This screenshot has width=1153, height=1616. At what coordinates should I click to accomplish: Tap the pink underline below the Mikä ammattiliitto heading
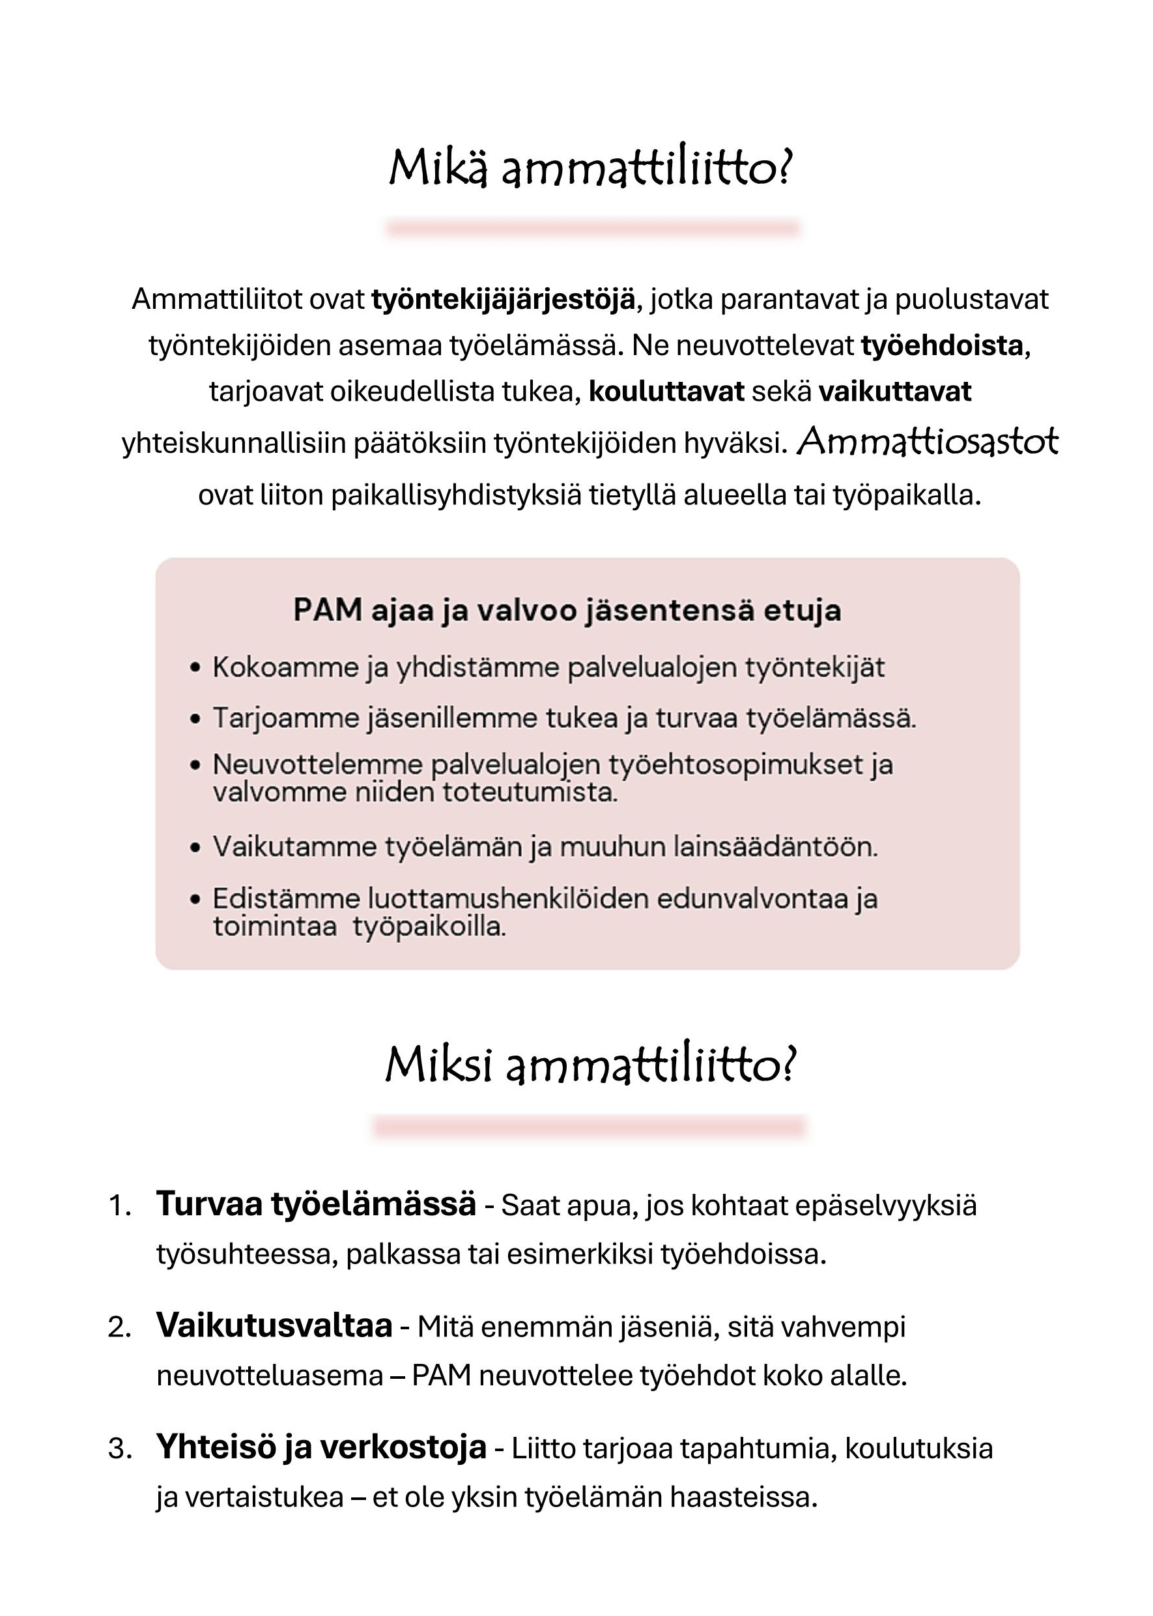[593, 229]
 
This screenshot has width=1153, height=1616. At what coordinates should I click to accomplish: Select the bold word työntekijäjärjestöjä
[504, 300]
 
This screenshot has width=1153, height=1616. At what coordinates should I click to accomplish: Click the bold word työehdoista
[941, 346]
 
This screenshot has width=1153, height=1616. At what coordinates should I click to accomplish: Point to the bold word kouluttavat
[666, 391]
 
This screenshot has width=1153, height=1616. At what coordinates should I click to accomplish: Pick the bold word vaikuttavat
[894, 391]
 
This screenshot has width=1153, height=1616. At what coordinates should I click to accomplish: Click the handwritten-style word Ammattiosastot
[927, 442]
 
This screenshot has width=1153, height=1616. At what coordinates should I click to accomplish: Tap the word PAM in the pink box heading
[327, 611]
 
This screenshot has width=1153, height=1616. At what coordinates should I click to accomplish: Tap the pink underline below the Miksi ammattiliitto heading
[590, 1126]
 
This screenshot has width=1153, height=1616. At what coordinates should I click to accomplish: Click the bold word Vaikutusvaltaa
[274, 1325]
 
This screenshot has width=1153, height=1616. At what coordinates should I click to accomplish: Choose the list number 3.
[119, 1449]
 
